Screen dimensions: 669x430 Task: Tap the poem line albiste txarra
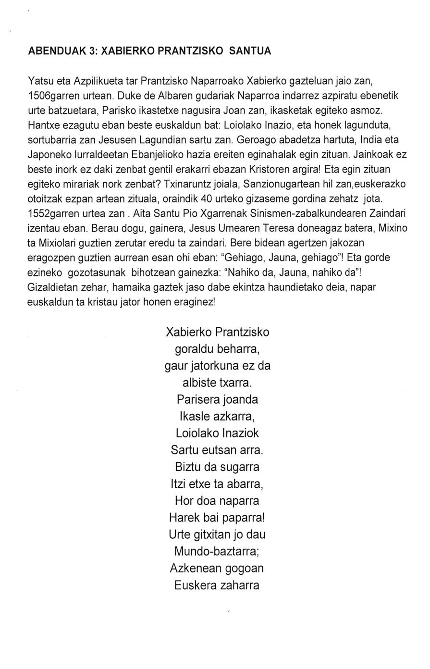(x=218, y=383)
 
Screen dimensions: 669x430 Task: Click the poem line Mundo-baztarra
(x=218, y=552)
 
